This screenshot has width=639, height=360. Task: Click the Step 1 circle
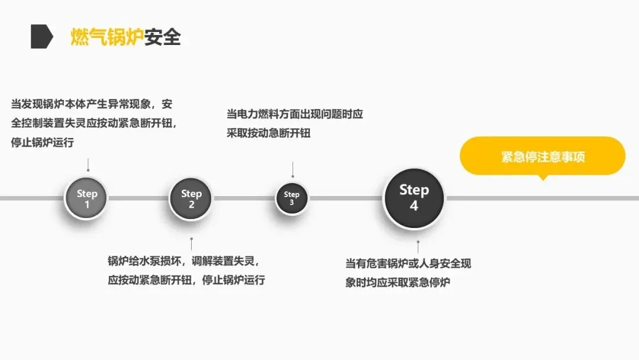coord(87,198)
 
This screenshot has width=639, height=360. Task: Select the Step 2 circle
coord(191,198)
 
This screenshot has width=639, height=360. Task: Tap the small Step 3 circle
coord(292,198)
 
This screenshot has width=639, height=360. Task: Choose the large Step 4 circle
coord(414,198)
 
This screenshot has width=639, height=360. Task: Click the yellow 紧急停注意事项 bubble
coord(543,157)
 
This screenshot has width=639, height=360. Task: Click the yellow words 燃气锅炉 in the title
coord(107,37)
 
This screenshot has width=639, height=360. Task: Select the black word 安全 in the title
coord(162,37)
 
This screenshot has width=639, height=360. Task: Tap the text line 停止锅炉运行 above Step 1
coord(43,143)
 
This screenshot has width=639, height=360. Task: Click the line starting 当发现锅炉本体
coord(92,105)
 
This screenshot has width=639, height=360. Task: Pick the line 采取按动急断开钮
coord(268,133)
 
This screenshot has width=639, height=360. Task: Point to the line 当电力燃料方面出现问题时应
coord(295,114)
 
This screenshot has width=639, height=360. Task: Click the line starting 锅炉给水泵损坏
coord(183,261)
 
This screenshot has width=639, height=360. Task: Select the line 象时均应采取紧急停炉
coord(398,282)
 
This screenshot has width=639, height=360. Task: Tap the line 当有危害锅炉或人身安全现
coord(408,263)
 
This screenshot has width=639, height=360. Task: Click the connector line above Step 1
coord(88,164)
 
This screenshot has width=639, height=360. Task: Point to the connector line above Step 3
coord(292,169)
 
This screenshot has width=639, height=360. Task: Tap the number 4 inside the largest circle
coord(414,206)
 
